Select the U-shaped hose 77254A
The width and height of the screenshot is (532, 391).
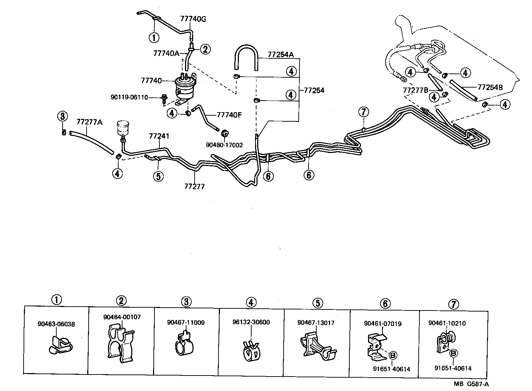click(x=246, y=56)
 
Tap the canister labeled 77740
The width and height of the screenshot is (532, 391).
click(x=185, y=85)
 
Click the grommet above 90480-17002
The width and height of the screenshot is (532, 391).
click(x=224, y=134)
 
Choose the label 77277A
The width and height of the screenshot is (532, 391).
click(x=89, y=122)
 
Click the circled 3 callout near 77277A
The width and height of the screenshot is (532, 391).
click(x=62, y=116)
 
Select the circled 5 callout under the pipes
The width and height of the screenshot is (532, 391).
click(x=158, y=176)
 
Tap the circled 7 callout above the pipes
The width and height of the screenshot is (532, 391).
click(x=363, y=112)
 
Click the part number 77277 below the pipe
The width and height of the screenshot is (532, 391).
click(x=194, y=186)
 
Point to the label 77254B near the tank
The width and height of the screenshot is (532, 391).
click(x=490, y=86)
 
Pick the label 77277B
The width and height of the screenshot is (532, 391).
click(x=416, y=90)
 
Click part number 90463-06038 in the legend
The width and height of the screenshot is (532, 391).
click(x=56, y=325)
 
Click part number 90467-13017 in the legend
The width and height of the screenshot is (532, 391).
click(x=316, y=323)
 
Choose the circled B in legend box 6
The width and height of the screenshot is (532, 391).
click(x=392, y=355)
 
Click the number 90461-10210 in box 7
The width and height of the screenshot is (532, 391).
click(x=447, y=323)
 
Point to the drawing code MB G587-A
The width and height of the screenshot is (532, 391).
click(x=473, y=384)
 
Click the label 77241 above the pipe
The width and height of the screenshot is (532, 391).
click(x=159, y=136)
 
